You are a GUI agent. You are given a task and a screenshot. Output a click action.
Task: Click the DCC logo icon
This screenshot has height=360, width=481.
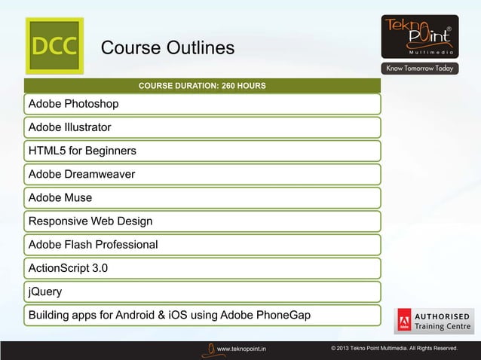[54, 45]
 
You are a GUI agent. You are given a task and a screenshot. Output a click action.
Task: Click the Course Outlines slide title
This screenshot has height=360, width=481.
[167, 48]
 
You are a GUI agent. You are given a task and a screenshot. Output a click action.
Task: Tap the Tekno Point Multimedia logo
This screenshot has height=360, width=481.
[419, 36]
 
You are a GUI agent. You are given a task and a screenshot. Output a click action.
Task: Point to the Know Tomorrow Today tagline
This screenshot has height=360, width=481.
[419, 69]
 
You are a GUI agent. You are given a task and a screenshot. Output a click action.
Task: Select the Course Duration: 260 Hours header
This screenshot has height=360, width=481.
[202, 86]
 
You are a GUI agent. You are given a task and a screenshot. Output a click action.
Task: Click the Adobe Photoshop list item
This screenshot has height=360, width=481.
[73, 103]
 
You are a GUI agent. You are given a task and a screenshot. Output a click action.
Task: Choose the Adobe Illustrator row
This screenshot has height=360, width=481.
[69, 127]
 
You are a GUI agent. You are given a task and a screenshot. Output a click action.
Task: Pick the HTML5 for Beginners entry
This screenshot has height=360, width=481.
[82, 151]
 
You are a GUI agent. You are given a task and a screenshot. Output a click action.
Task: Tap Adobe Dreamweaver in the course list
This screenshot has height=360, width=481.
[81, 174]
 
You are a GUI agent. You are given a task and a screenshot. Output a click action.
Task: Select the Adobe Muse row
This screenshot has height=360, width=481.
[60, 197]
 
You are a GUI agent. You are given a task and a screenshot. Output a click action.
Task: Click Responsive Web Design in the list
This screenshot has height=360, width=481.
[90, 221]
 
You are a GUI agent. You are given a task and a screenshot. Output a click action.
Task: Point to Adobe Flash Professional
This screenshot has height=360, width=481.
[93, 245]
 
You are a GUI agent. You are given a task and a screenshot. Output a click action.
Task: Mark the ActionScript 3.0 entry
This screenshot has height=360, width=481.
[68, 268]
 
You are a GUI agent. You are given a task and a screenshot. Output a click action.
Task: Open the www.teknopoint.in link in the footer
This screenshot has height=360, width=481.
[240, 349]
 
